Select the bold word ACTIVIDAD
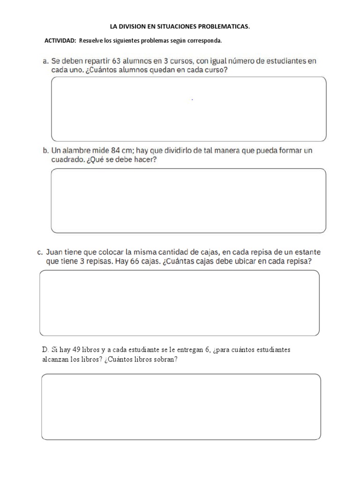click(x=60, y=41)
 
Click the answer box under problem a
click(x=188, y=109)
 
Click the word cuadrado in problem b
click(x=67, y=160)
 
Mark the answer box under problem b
click(x=188, y=201)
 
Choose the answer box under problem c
click(x=180, y=303)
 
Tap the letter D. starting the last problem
click(x=45, y=350)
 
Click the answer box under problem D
click(x=181, y=406)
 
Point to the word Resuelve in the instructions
click(x=90, y=41)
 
